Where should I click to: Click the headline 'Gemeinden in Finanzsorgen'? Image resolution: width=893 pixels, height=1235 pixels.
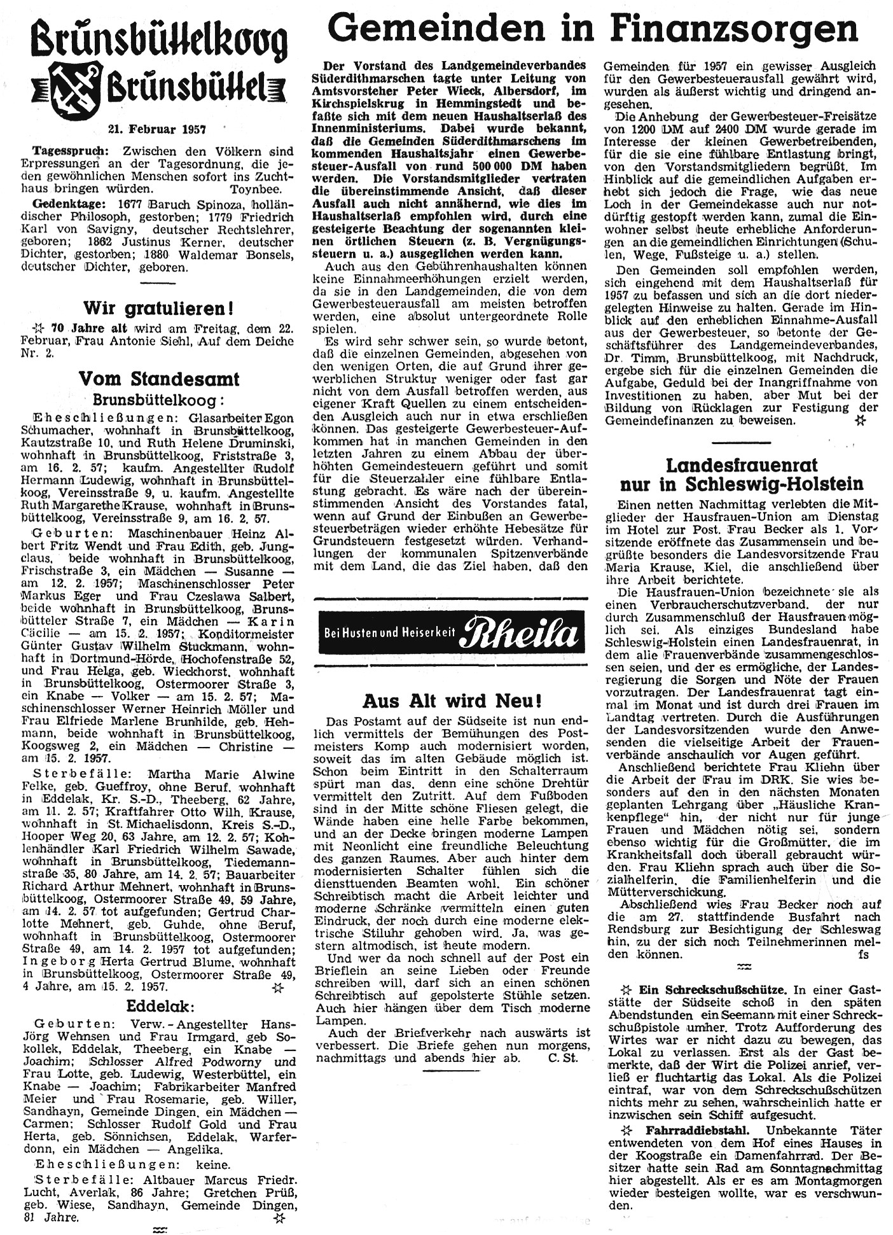[595, 29]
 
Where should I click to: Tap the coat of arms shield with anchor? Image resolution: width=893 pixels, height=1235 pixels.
[75, 90]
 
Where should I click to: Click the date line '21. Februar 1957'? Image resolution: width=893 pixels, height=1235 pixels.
[157, 129]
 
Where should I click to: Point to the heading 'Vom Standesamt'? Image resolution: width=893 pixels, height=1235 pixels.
[159, 379]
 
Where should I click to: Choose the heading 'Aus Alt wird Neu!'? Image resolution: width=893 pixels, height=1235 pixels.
[452, 701]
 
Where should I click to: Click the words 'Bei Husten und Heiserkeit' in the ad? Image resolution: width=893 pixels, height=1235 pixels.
[387, 634]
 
